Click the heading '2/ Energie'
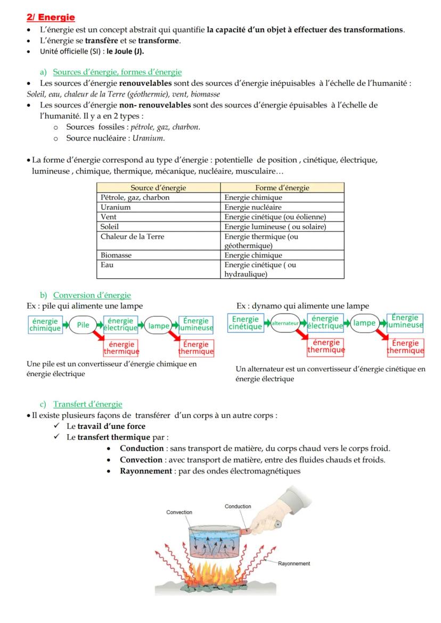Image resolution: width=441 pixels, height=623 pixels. pos(51,18)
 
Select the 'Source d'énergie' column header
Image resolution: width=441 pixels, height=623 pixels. pos(158,188)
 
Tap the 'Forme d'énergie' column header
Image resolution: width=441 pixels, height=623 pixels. pos(282,188)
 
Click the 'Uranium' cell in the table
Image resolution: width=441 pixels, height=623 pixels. pos(116,207)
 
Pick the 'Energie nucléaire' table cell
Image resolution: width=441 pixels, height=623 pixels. pos(253,207)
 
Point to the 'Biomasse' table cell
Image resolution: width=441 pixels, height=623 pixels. pos(116,255)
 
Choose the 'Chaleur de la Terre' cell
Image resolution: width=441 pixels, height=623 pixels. pos(127,236)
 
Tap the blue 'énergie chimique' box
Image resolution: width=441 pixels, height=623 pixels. pos(45,324)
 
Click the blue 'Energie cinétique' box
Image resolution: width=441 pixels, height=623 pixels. pos(246,322)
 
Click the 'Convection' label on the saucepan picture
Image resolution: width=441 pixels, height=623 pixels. pos(179,512)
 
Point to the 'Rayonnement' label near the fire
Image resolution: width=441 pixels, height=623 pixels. pos(294,563)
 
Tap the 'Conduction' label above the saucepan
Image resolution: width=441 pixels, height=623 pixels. pos(238,506)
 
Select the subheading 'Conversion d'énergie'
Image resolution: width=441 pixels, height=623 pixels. pos(92,295)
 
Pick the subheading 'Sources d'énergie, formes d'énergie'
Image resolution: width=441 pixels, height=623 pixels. pos(117,72)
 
